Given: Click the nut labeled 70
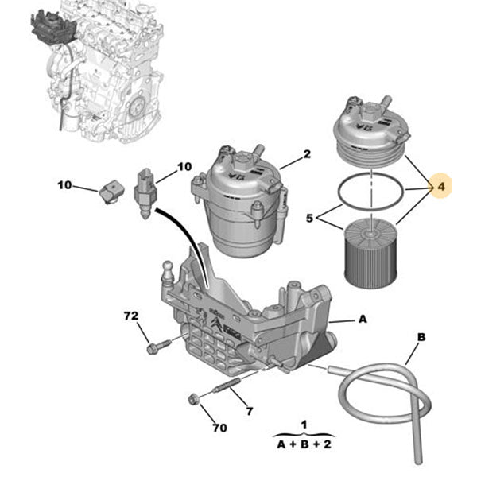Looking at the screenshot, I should pos(194,398).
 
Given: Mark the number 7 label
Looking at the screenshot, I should pos(249,411).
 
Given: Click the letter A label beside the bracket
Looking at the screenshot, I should pos(362,319).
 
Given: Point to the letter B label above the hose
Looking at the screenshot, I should pos(421,338).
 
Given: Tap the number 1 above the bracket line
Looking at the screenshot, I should pos(304,425).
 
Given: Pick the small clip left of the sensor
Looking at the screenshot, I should pos(113,190).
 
